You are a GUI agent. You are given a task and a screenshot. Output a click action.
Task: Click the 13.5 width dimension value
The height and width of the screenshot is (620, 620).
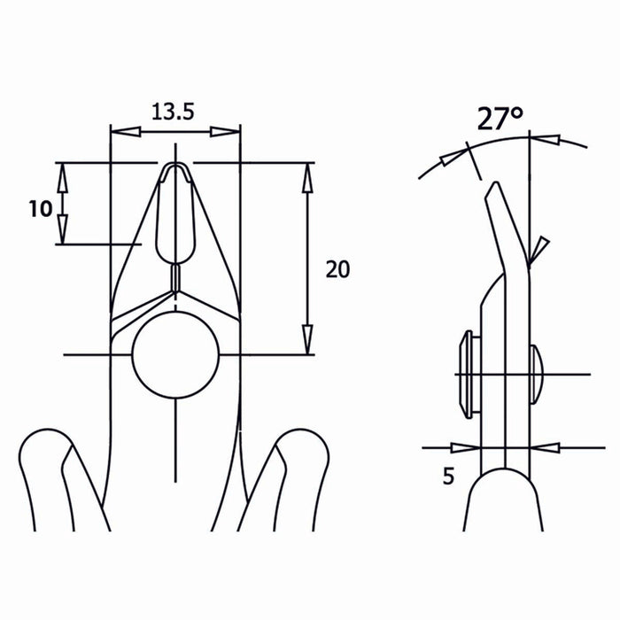[x=174, y=112]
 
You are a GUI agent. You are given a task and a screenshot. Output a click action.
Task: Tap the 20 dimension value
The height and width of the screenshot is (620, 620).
[x=337, y=269]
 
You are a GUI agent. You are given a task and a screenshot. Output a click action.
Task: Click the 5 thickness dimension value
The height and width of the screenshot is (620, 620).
[x=447, y=477]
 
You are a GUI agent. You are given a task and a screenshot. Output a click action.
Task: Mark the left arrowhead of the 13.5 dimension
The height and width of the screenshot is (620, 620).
[x=125, y=132]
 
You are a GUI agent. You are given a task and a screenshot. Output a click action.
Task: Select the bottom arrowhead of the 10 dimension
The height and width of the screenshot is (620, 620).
[x=62, y=231]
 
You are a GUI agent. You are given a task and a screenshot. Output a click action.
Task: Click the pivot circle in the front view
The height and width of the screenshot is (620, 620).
[x=176, y=355]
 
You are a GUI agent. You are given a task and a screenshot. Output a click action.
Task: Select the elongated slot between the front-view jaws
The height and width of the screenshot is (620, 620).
[x=174, y=213]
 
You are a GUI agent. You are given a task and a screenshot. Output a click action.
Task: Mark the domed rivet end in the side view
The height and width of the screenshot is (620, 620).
[x=536, y=373]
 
